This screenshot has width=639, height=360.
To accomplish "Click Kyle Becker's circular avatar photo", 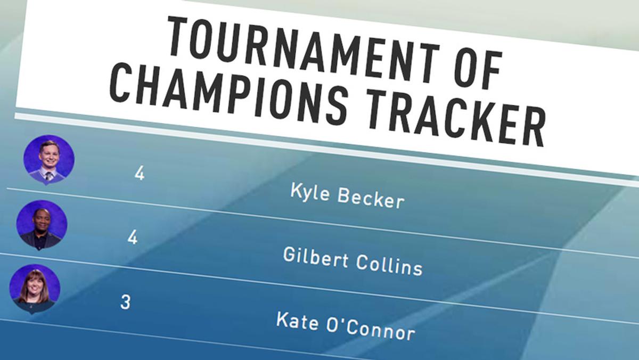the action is (x=49, y=159).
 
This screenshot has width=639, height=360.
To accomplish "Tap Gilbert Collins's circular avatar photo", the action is (x=42, y=225).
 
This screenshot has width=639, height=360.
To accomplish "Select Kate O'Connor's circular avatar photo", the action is (x=35, y=289).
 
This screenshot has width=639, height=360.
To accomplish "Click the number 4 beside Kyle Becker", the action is (x=140, y=173).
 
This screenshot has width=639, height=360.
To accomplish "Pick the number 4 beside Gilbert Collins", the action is (x=133, y=238).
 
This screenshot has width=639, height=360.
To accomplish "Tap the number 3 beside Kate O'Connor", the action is (x=126, y=302).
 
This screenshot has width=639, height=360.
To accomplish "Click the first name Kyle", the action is (x=310, y=192).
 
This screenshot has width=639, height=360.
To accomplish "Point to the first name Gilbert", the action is (x=316, y=257).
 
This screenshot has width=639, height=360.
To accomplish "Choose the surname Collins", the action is (x=389, y=265).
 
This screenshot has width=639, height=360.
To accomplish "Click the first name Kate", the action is (x=297, y=321).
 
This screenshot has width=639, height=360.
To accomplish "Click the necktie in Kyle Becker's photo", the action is (x=49, y=176).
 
